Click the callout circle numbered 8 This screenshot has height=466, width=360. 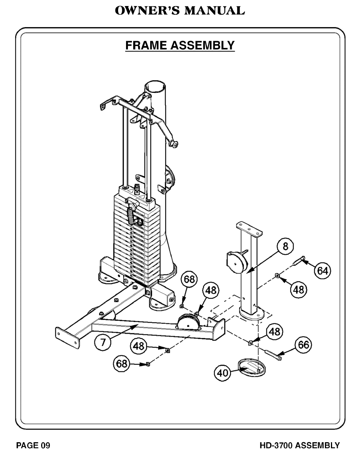coord(285,246)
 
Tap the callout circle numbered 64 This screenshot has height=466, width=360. coord(323,271)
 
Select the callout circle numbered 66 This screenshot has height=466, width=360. coord(303,345)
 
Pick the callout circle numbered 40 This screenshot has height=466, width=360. coord(222,373)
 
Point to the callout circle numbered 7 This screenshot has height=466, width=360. coord(103,343)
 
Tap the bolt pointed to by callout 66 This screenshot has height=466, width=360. coord(274,355)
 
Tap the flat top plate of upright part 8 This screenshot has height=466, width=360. coord(249,229)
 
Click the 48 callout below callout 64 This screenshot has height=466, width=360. coord(298,290)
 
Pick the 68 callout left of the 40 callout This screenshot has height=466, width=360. coord(122,363)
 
